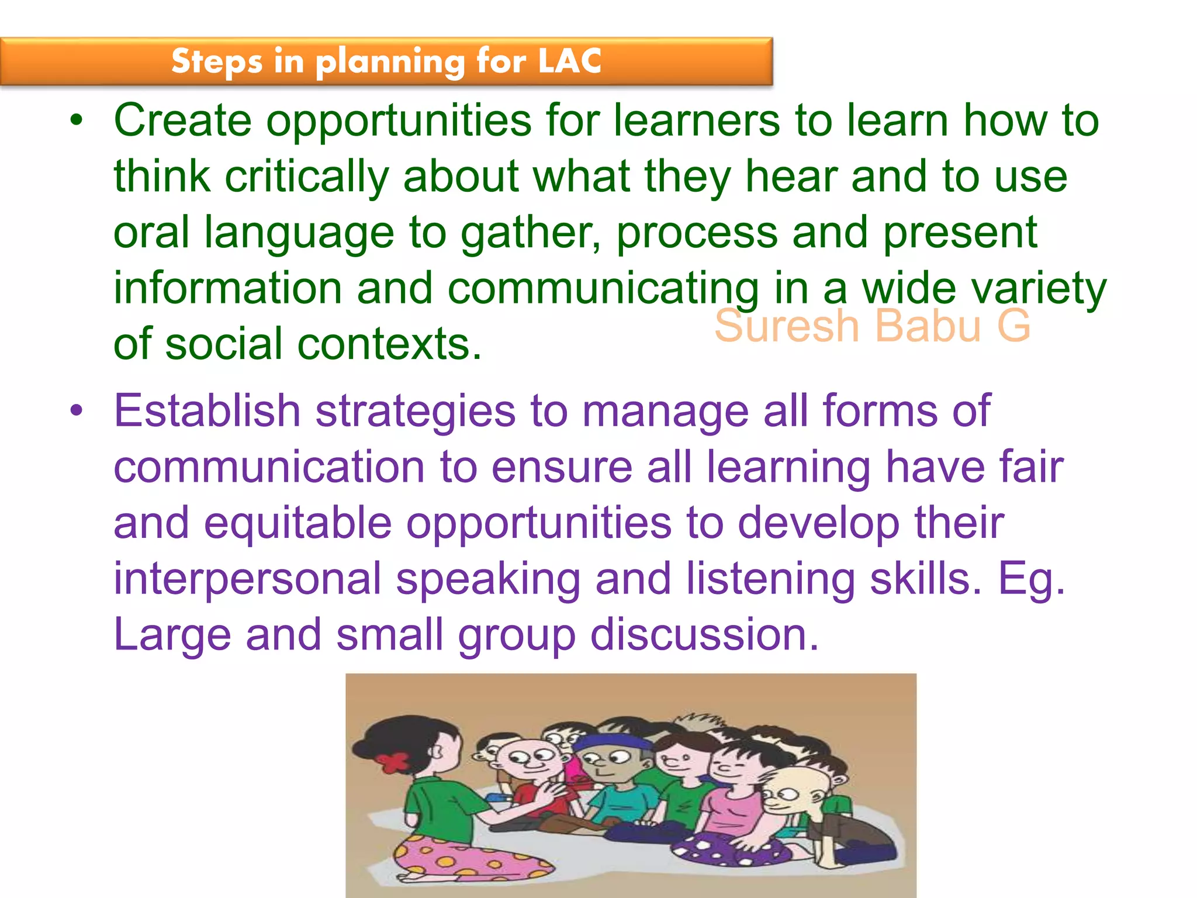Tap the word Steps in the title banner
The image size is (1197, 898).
pos(217,62)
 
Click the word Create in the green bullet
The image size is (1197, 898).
pos(182,120)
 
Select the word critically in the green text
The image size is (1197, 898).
pos(306,177)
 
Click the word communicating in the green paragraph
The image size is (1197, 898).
pos(603,289)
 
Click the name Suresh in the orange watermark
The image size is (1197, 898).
pos(786,326)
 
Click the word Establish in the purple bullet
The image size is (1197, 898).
pos(207,410)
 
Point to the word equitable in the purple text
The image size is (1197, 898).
pos(297,523)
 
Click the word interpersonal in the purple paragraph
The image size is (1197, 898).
pos(247,579)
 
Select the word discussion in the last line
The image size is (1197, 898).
pos(704,635)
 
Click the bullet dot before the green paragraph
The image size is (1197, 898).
pos(77,121)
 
